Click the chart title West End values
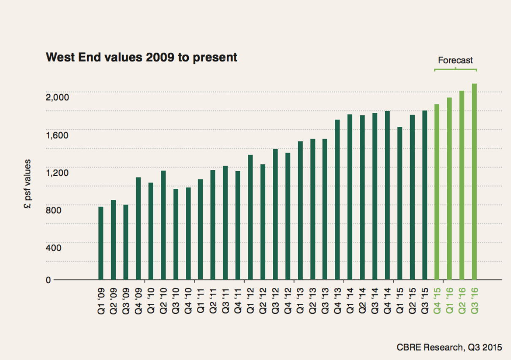point(141,57)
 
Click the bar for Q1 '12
point(250,217)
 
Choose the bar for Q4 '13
point(337,199)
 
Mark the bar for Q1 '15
point(400,203)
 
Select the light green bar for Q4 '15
point(437,192)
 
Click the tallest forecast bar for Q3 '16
point(474,182)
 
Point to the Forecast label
point(455,60)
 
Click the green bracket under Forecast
point(455,69)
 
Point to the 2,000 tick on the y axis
point(57,98)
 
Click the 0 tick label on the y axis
point(49,280)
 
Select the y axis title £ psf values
point(28,184)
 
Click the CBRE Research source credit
point(449,347)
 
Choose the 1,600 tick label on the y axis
point(57,135)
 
